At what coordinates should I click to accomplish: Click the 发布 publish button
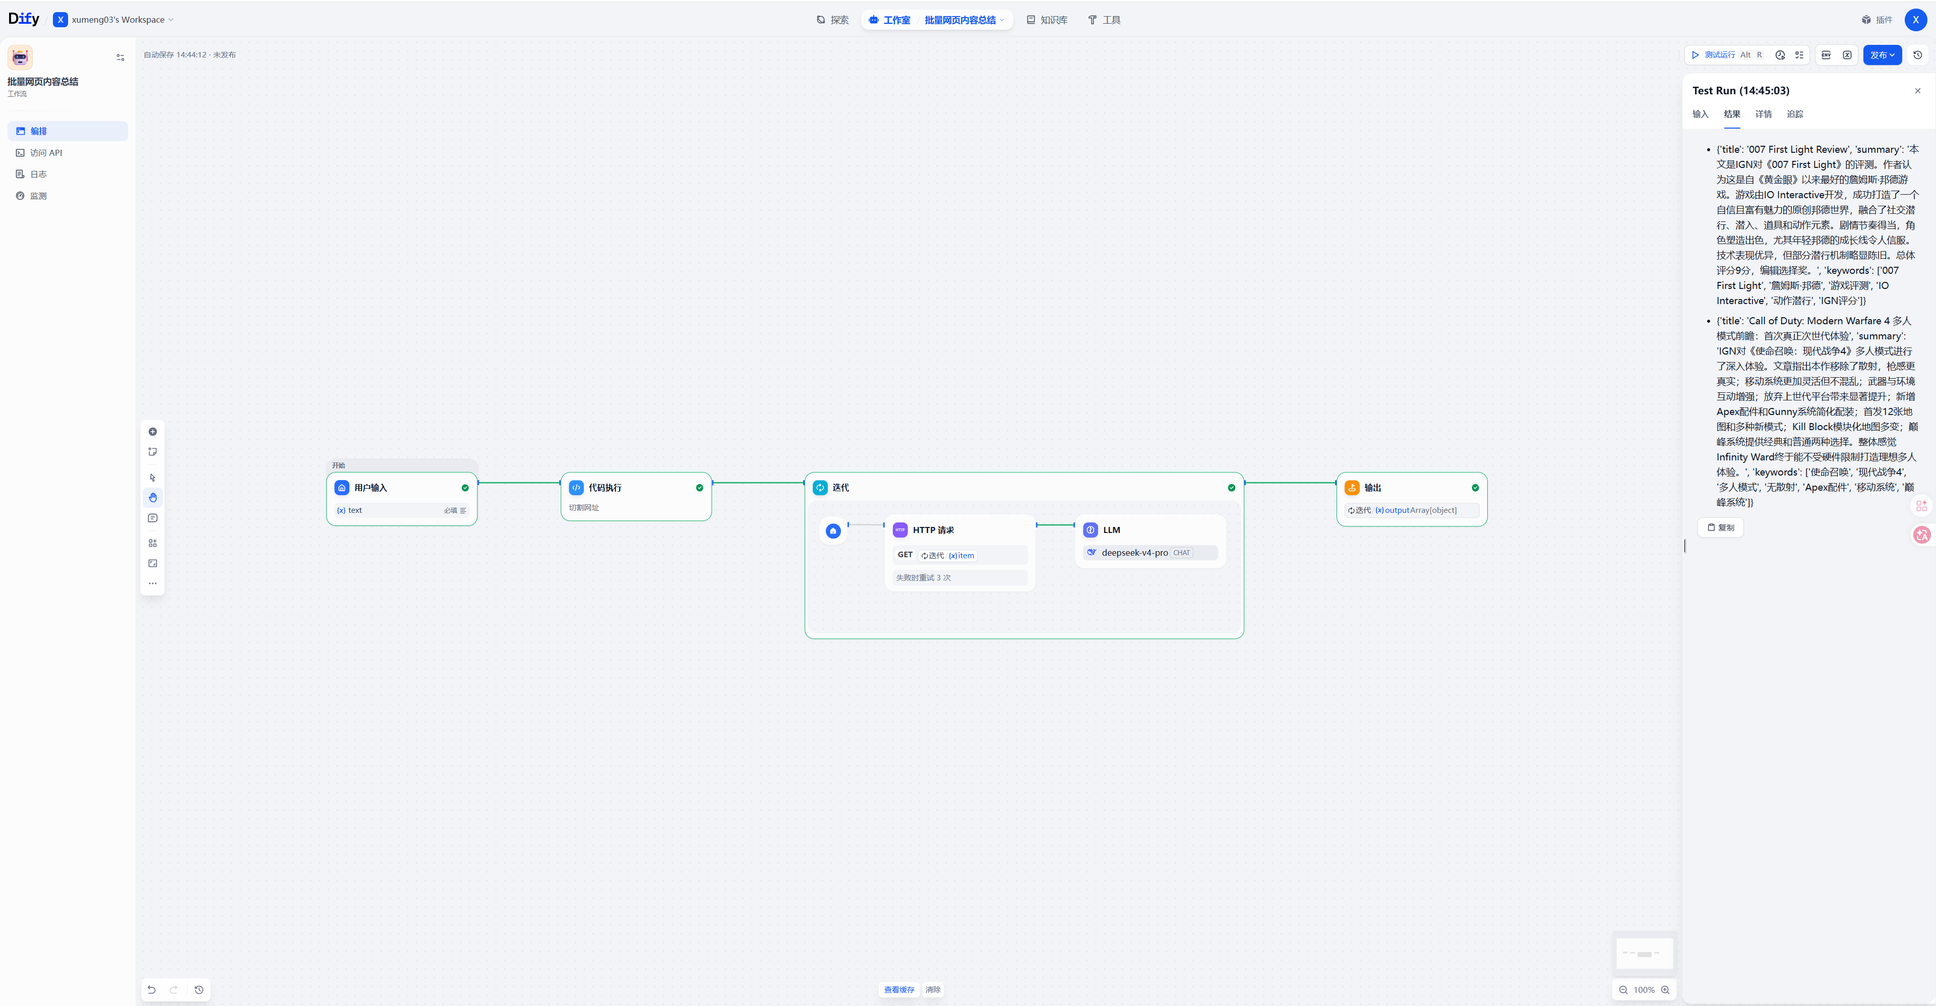click(x=1882, y=55)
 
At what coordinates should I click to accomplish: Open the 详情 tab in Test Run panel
click(x=1763, y=114)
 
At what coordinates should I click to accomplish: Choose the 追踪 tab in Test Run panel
click(x=1795, y=114)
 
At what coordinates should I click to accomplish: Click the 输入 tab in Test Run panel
click(x=1700, y=114)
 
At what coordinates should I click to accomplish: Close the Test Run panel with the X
click(x=1917, y=91)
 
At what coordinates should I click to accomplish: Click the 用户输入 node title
click(x=371, y=488)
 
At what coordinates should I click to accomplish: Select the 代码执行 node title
click(x=605, y=488)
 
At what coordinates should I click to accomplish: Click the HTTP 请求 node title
click(x=933, y=530)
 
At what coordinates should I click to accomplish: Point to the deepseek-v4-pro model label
click(x=1134, y=553)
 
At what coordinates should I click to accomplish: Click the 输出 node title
click(x=1372, y=488)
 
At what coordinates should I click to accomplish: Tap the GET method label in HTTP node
click(x=905, y=555)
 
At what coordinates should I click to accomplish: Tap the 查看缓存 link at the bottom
click(x=899, y=989)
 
